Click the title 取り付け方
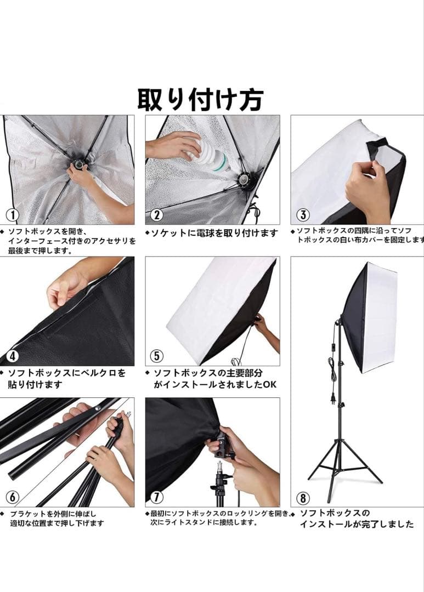(x=200, y=99)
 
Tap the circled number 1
(x=12, y=214)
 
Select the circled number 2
(x=157, y=214)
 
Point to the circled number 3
(x=303, y=214)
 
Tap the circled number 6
(x=12, y=497)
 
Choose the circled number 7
(x=157, y=497)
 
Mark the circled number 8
(x=303, y=498)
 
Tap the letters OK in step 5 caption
(x=270, y=385)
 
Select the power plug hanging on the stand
(x=333, y=399)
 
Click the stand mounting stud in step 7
(x=220, y=466)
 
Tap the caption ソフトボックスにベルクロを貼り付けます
(x=66, y=379)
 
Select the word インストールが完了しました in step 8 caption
(x=357, y=524)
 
